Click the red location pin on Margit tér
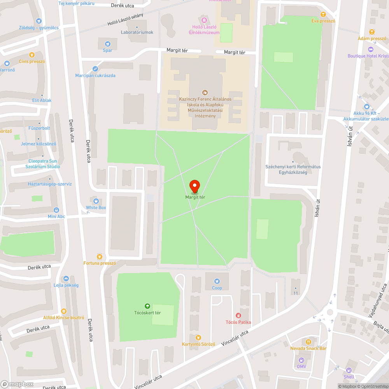(x=194, y=186)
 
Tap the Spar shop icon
(x=108, y=44)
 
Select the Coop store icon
(x=217, y=281)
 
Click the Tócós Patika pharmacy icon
(x=238, y=315)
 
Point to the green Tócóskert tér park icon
(x=147, y=306)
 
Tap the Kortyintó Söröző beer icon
(x=198, y=337)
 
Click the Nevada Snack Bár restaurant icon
(x=308, y=342)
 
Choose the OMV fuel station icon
(x=301, y=360)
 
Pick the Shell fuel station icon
(x=349, y=370)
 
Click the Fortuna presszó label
(x=100, y=263)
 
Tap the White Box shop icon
(x=96, y=201)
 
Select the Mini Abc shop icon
(x=56, y=210)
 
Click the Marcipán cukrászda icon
(x=95, y=69)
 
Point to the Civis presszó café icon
(x=32, y=55)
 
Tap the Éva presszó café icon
(x=323, y=14)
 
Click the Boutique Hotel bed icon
(x=370, y=49)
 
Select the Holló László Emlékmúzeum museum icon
(x=204, y=20)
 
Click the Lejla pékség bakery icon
(x=66, y=279)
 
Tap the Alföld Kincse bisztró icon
(x=64, y=311)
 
